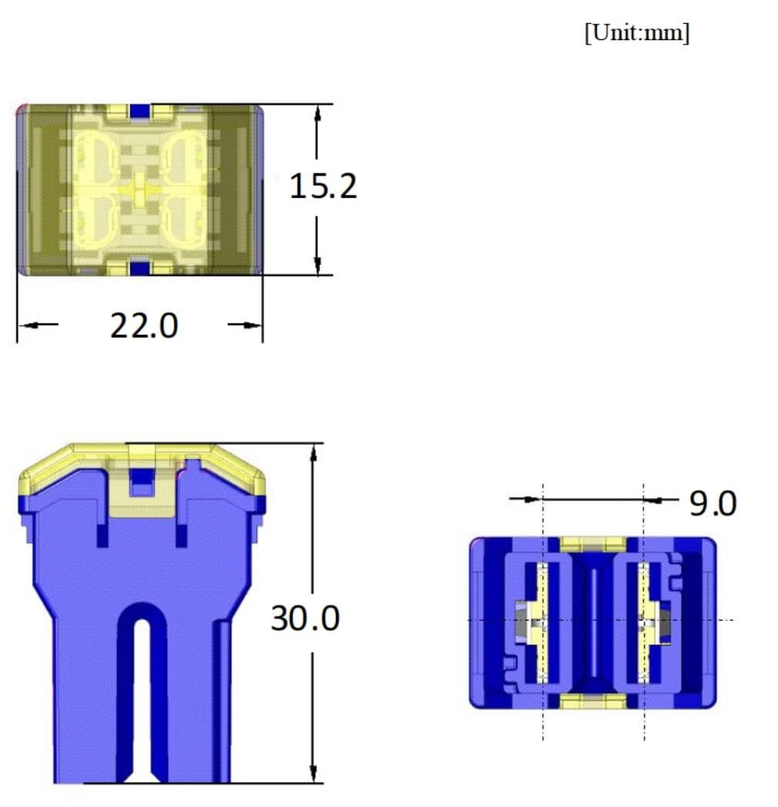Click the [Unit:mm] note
637,34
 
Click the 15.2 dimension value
323,186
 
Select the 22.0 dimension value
144,326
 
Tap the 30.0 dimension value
305,618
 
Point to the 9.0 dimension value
713,504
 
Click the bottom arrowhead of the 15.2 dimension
317,266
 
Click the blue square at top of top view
139,111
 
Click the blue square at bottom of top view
139,268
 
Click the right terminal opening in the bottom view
644,622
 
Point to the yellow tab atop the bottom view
592,544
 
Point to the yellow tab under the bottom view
592,701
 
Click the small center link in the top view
139,189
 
